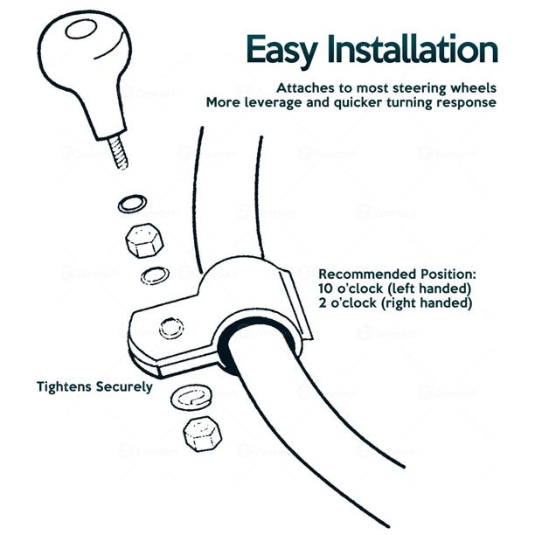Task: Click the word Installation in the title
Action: tap(413, 49)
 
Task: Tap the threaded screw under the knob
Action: tap(118, 152)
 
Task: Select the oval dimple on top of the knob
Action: tap(81, 29)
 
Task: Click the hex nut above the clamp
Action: tap(144, 240)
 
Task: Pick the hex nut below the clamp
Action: tap(202, 434)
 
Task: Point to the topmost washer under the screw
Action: tap(132, 204)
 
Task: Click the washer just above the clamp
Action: tap(155, 275)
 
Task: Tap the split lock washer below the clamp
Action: tap(191, 398)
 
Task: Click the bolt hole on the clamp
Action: tap(171, 328)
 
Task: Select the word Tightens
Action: tap(64, 386)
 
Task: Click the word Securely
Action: tap(124, 387)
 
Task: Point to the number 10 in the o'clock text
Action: tap(326, 288)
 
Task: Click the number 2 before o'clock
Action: tap(323, 303)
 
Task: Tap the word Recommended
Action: tap(367, 274)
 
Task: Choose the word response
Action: tap(467, 103)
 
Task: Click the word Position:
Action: tap(448, 274)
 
